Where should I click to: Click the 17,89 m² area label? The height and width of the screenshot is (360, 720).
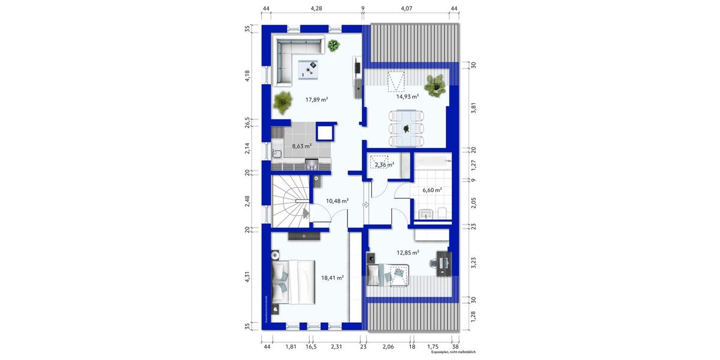[316, 100]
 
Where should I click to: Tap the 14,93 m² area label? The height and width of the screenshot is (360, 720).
[407, 96]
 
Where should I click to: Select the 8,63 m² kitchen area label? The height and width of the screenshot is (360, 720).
[301, 146]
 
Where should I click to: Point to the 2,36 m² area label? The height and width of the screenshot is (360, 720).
[384, 164]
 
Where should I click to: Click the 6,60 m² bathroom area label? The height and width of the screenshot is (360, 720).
[432, 190]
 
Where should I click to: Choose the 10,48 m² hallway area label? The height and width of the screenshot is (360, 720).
[337, 201]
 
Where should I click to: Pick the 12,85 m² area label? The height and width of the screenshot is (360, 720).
[407, 253]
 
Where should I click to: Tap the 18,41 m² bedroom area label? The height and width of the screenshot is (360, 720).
[332, 278]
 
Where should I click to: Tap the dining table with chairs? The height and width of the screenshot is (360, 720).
[407, 128]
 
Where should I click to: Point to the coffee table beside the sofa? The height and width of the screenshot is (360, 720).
[310, 70]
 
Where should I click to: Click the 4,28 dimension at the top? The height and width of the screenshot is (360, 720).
[316, 8]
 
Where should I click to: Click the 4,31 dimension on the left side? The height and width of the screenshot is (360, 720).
[247, 278]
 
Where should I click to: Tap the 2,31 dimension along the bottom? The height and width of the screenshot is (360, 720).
[336, 347]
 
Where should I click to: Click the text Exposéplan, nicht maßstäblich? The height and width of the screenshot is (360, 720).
[453, 353]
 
